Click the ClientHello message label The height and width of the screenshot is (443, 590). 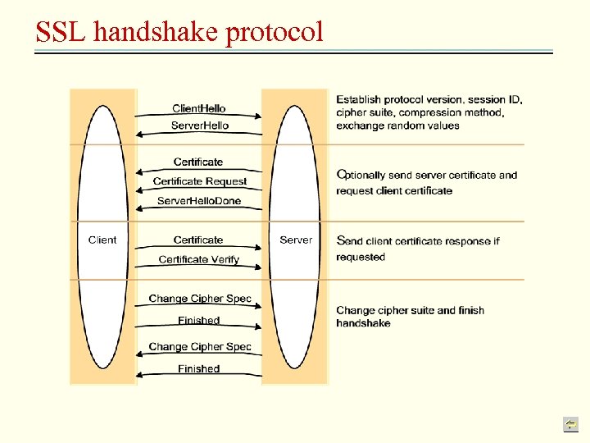click(x=199, y=108)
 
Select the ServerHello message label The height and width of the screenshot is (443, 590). click(x=199, y=126)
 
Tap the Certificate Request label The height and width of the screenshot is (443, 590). click(x=199, y=181)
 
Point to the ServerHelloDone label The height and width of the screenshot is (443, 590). click(x=199, y=201)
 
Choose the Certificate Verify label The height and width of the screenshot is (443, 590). click(x=199, y=259)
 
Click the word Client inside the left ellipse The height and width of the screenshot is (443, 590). click(x=102, y=240)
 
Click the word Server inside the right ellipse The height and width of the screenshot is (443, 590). click(x=296, y=240)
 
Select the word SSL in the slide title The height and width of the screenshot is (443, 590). click(x=61, y=31)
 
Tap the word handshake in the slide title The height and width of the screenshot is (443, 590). click(x=156, y=31)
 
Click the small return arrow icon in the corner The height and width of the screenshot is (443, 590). click(x=570, y=423)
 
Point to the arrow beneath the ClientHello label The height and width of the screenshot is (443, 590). click(x=199, y=116)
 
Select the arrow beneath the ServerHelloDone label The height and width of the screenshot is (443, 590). click(x=199, y=209)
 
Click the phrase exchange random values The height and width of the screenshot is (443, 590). click(x=397, y=126)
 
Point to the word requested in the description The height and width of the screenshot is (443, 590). click(x=360, y=257)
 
